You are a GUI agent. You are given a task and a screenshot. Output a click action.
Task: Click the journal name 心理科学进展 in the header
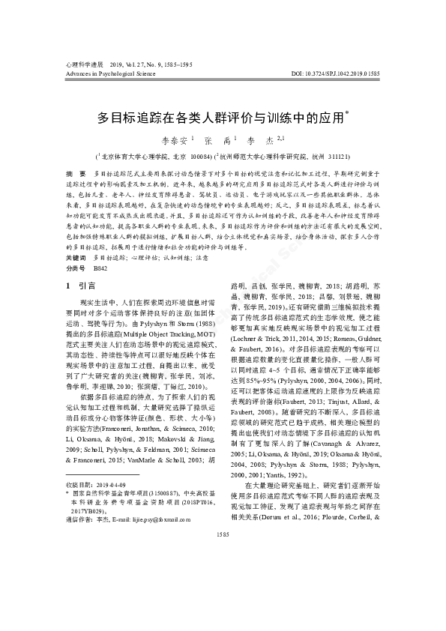pyautogui.click(x=84, y=64)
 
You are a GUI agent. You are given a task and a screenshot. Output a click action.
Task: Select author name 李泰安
pyautogui.click(x=175, y=140)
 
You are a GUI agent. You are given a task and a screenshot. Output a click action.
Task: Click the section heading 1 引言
pyautogui.click(x=79, y=286)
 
